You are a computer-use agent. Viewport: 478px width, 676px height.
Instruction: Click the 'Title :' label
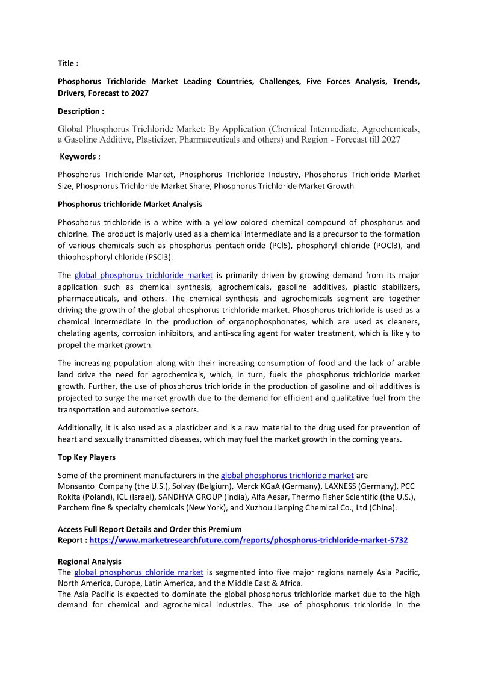point(68,63)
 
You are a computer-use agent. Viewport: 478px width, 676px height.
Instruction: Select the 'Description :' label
point(81,111)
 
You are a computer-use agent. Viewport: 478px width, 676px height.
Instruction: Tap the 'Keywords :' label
point(80,157)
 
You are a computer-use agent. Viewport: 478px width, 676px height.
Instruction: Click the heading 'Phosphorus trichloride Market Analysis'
point(129,204)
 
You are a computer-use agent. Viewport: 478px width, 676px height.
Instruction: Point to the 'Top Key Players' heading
point(86,457)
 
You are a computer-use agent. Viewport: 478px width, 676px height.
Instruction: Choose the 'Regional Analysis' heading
point(90,561)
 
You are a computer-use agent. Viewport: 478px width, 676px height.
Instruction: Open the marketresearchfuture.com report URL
point(248,541)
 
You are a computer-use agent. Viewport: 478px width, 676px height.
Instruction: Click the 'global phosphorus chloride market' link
point(138,572)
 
